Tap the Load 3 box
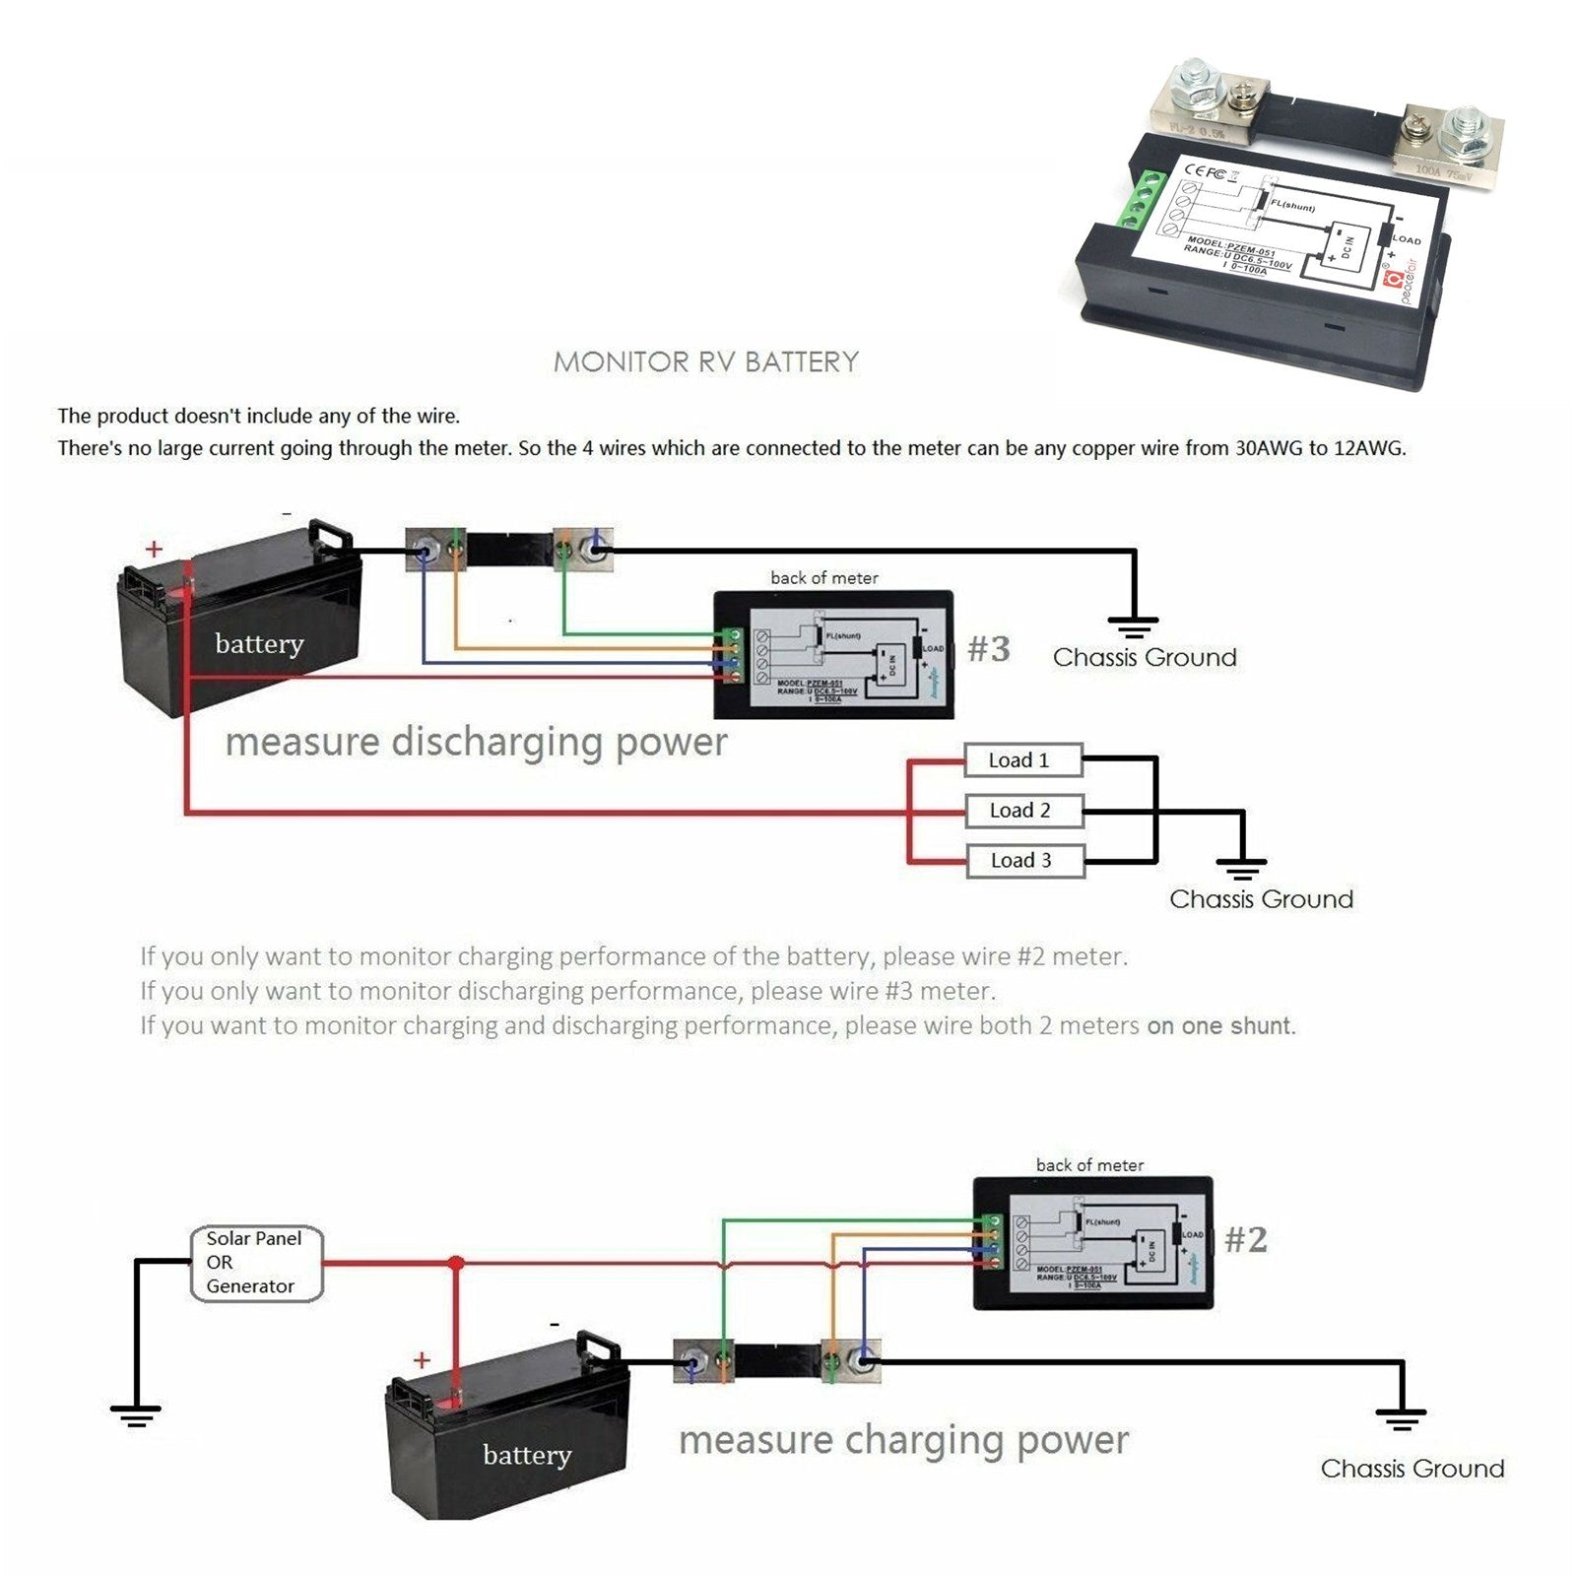point(1023,861)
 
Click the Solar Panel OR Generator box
point(256,1263)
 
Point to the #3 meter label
point(989,649)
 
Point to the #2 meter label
point(1245,1239)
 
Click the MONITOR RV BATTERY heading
point(706,361)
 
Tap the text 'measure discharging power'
point(476,742)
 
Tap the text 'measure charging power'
point(903,1440)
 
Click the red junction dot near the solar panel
point(455,1263)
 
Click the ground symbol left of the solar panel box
point(135,1415)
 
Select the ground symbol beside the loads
point(1241,867)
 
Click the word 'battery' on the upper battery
point(259,644)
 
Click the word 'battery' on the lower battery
point(527,1455)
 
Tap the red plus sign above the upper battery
point(154,550)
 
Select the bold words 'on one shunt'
point(1220,1025)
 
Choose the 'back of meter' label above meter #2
point(1089,1165)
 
